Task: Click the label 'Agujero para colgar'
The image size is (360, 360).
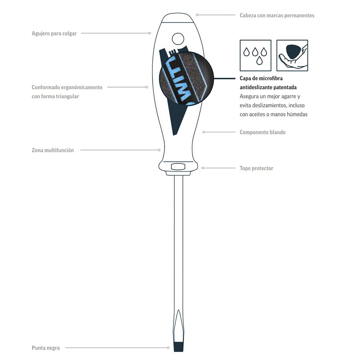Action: (x=54, y=33)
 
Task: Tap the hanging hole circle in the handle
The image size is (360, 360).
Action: (x=178, y=39)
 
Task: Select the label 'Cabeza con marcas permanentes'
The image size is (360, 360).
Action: (x=277, y=15)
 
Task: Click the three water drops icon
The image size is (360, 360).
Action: (x=256, y=55)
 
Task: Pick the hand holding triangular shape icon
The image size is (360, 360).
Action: (x=292, y=55)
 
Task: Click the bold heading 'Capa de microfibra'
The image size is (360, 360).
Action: (x=264, y=78)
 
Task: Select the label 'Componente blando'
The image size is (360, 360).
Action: (x=262, y=132)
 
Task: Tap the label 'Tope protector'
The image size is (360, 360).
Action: (x=256, y=168)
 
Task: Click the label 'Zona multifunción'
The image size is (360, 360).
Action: (x=53, y=150)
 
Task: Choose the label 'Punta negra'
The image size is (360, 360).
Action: (x=46, y=348)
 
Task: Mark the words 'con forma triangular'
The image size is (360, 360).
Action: (x=55, y=96)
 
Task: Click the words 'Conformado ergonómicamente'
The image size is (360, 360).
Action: (x=67, y=87)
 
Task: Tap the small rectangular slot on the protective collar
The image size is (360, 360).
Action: (x=178, y=166)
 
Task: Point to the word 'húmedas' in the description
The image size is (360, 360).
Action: (x=297, y=114)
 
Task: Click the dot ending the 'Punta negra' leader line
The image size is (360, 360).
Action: (x=168, y=348)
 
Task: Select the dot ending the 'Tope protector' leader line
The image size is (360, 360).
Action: (x=203, y=168)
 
